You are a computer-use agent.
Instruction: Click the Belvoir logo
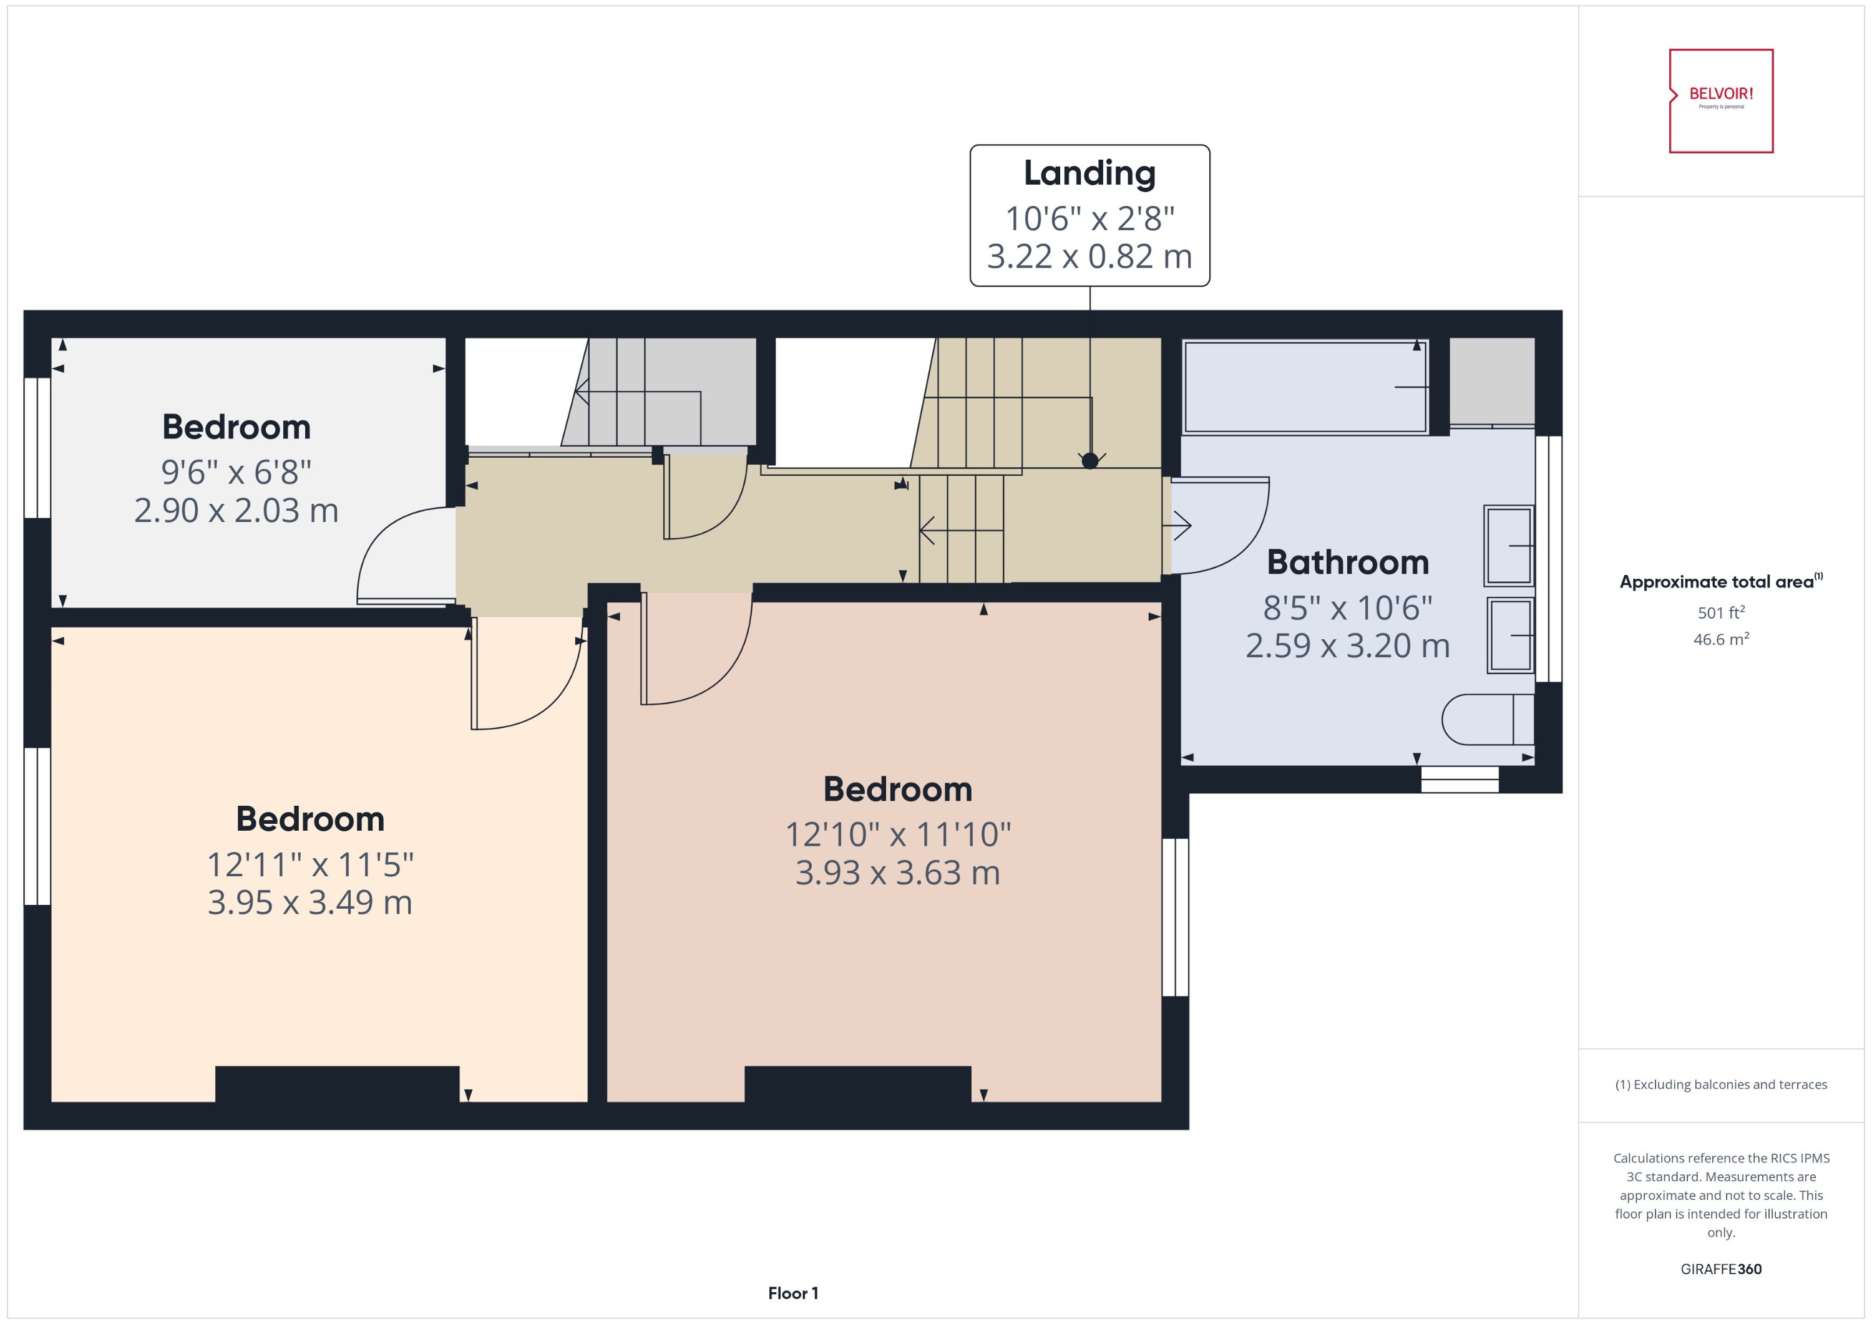coord(1720,100)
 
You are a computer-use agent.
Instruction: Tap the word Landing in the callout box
coord(1089,173)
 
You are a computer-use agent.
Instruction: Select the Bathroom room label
coord(1347,563)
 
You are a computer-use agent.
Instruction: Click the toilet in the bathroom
coord(1486,719)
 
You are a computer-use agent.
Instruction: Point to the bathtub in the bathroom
coord(1305,387)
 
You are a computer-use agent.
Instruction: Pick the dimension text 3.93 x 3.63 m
coord(897,873)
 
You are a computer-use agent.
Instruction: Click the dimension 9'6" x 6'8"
coord(236,472)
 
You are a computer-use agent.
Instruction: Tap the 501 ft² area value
coord(1720,612)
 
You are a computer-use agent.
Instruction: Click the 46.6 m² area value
coord(1720,639)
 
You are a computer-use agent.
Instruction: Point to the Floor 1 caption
coord(793,1293)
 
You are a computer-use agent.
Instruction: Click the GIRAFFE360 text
coord(1720,1269)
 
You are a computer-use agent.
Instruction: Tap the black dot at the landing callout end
coord(1090,461)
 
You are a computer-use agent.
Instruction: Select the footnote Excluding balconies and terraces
coord(1720,1085)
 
